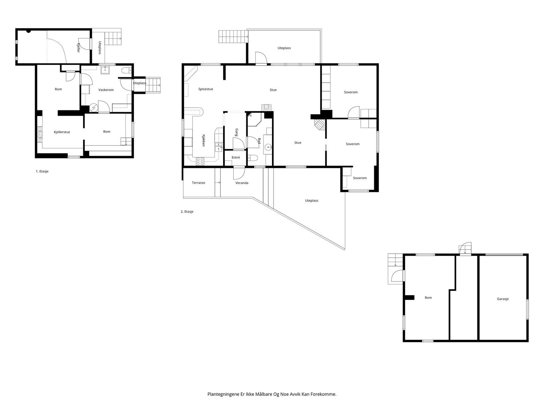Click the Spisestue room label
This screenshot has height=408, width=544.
(x=206, y=89)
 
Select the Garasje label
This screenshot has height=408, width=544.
(x=503, y=299)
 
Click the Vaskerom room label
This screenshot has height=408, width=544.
(x=106, y=90)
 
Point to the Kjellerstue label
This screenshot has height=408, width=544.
(x=62, y=132)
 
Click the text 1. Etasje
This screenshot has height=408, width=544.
(x=42, y=171)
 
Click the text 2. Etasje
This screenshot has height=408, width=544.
(x=187, y=211)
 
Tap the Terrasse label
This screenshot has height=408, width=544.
(x=198, y=183)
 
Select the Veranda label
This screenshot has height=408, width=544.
(x=242, y=183)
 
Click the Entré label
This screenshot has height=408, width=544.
(x=236, y=157)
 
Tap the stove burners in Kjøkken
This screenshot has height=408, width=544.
(x=200, y=161)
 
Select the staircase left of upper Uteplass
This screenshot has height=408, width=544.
(x=232, y=37)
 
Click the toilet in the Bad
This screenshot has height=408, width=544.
(x=252, y=158)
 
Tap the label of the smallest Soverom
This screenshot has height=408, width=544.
(x=360, y=178)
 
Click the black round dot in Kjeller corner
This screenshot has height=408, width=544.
(x=29, y=31)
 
